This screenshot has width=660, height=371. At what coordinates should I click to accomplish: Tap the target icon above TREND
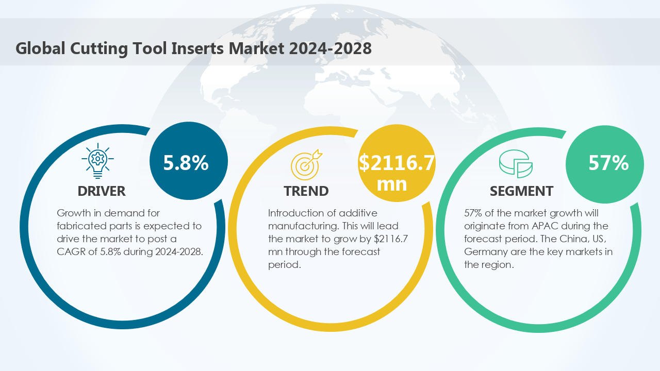(306, 164)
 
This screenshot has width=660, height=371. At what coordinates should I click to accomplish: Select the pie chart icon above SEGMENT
(516, 164)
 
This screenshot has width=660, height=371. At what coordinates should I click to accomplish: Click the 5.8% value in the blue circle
(186, 162)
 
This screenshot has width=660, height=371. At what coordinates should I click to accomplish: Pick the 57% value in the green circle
(608, 163)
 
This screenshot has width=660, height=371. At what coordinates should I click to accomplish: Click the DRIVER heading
(102, 191)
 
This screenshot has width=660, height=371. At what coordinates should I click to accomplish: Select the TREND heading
(306, 191)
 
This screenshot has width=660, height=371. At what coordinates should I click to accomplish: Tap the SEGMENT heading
(521, 191)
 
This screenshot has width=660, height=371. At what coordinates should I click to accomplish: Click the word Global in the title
(39, 48)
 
